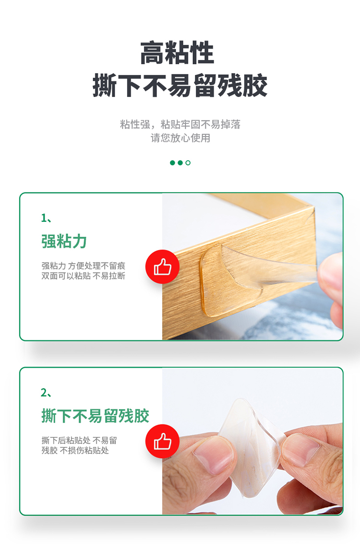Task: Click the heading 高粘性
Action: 177,53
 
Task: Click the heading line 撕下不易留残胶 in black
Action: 180,85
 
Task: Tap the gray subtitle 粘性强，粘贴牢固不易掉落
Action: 180,124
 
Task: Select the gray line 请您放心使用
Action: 180,138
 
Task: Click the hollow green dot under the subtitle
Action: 188,163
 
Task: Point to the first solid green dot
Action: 172,163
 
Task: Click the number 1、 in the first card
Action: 46,218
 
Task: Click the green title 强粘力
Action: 64,241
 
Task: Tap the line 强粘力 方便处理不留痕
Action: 83,266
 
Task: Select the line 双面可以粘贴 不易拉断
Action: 83,276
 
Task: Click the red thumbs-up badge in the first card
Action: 162,267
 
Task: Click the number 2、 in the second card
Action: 46,393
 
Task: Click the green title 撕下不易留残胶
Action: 95,416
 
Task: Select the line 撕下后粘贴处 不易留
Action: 79,440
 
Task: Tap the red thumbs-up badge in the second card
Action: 162,441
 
